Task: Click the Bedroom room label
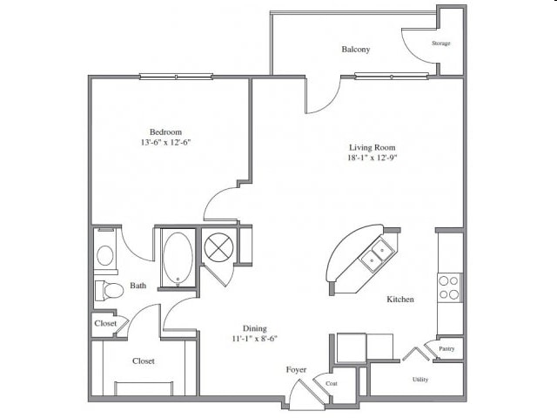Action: tap(165, 131)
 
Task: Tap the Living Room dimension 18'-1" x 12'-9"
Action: tap(372, 158)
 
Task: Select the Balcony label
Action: tap(356, 50)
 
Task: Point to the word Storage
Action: tap(441, 44)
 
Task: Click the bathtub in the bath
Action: tap(178, 258)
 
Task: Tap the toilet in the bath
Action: tap(110, 290)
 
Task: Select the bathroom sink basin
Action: tap(105, 255)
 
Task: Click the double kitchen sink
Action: tap(378, 255)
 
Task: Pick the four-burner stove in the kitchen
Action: tap(449, 287)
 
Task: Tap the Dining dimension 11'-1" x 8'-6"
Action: tap(254, 339)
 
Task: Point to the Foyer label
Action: tap(296, 370)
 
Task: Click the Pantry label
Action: tap(446, 348)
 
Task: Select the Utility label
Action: tap(420, 380)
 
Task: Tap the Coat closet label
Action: tap(332, 383)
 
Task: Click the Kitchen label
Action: tap(400, 300)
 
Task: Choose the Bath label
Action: tap(138, 286)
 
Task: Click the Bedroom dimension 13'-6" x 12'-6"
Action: tap(166, 143)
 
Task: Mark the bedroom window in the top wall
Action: tap(176, 76)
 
